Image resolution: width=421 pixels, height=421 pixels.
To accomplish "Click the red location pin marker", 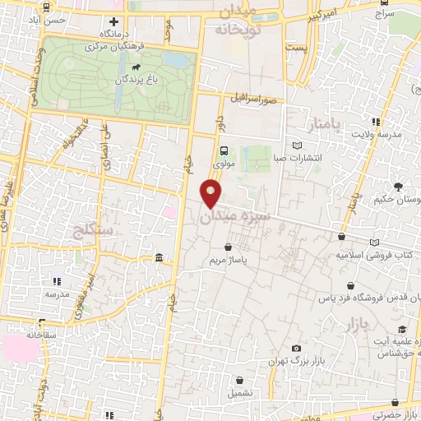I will pyautogui.click(x=211, y=194).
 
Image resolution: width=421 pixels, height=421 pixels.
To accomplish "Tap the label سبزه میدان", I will pyautogui.click(x=232, y=216).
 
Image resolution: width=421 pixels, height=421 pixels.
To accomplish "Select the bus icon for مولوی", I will pyautogui.click(x=224, y=150).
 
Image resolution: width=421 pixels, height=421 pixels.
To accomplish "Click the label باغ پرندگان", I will pyautogui.click(x=113, y=80).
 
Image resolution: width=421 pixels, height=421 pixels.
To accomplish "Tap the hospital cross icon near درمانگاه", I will pyautogui.click(x=114, y=21).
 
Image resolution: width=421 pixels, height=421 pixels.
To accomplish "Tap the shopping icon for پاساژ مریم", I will pyautogui.click(x=228, y=246).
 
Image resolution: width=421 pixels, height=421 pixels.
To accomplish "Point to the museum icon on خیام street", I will pyautogui.click(x=158, y=260).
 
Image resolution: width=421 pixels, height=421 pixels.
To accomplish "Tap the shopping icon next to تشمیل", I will pyautogui.click(x=239, y=381).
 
